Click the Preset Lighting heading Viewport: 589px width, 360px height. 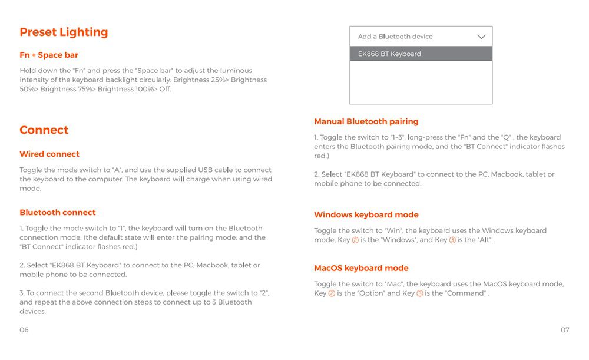click(64, 32)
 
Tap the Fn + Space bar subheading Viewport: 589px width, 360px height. click(49, 55)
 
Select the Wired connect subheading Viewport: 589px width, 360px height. click(49, 154)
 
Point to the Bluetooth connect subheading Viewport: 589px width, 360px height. click(57, 213)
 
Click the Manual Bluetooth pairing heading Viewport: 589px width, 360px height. click(366, 122)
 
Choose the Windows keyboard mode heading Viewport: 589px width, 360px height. click(366, 215)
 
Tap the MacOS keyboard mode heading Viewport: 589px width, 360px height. click(361, 269)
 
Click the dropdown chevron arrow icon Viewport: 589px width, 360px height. click(481, 37)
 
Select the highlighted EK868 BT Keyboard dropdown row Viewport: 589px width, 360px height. click(421, 54)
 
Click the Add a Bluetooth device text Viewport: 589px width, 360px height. click(395, 37)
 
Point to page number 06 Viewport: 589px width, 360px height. click(24, 330)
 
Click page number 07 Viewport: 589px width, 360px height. click(565, 330)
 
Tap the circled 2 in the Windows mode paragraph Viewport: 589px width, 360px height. click(355, 240)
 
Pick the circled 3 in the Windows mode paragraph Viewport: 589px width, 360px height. click(452, 240)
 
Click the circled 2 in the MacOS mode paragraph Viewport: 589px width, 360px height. click(332, 293)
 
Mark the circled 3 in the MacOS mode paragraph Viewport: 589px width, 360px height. click(419, 293)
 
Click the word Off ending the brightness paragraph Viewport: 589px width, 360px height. click(164, 90)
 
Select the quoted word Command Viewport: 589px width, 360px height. click(467, 293)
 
